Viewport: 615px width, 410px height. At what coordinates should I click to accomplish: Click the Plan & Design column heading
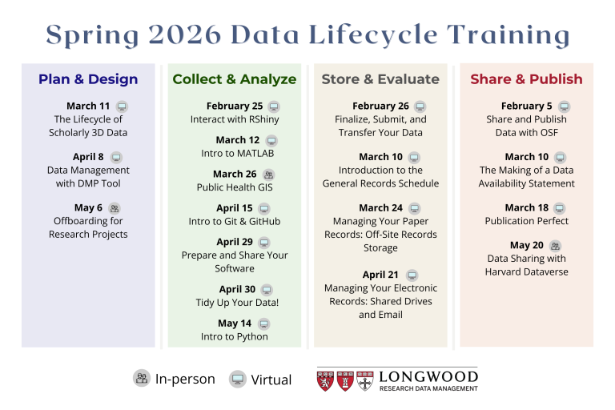[x=88, y=79]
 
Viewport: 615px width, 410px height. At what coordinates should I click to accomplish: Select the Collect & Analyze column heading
[x=235, y=79]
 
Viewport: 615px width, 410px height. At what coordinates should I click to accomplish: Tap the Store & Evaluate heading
[x=380, y=79]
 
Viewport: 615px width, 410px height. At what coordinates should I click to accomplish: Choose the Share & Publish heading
[x=526, y=79]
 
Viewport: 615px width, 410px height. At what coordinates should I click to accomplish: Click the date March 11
[x=88, y=106]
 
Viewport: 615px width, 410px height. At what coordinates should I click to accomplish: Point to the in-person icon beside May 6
[x=115, y=208]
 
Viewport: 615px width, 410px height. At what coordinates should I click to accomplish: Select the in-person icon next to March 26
[x=269, y=175]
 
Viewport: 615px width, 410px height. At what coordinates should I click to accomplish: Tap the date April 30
[x=237, y=290]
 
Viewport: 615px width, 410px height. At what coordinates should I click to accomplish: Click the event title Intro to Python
[x=235, y=337]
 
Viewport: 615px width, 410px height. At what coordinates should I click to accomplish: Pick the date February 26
[x=380, y=106]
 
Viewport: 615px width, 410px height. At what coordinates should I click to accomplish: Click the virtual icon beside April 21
[x=412, y=275]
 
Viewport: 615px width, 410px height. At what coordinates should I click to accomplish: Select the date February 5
[x=527, y=106]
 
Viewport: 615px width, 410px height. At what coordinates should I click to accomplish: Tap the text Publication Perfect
[x=526, y=221]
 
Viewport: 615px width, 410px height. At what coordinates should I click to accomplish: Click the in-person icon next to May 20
[x=556, y=246]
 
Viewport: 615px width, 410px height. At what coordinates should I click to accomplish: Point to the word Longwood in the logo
[x=428, y=376]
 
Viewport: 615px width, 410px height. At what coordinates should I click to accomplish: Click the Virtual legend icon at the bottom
[x=237, y=379]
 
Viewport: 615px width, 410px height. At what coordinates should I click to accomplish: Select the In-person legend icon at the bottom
[x=142, y=379]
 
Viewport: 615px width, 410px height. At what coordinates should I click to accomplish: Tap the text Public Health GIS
[x=235, y=187]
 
